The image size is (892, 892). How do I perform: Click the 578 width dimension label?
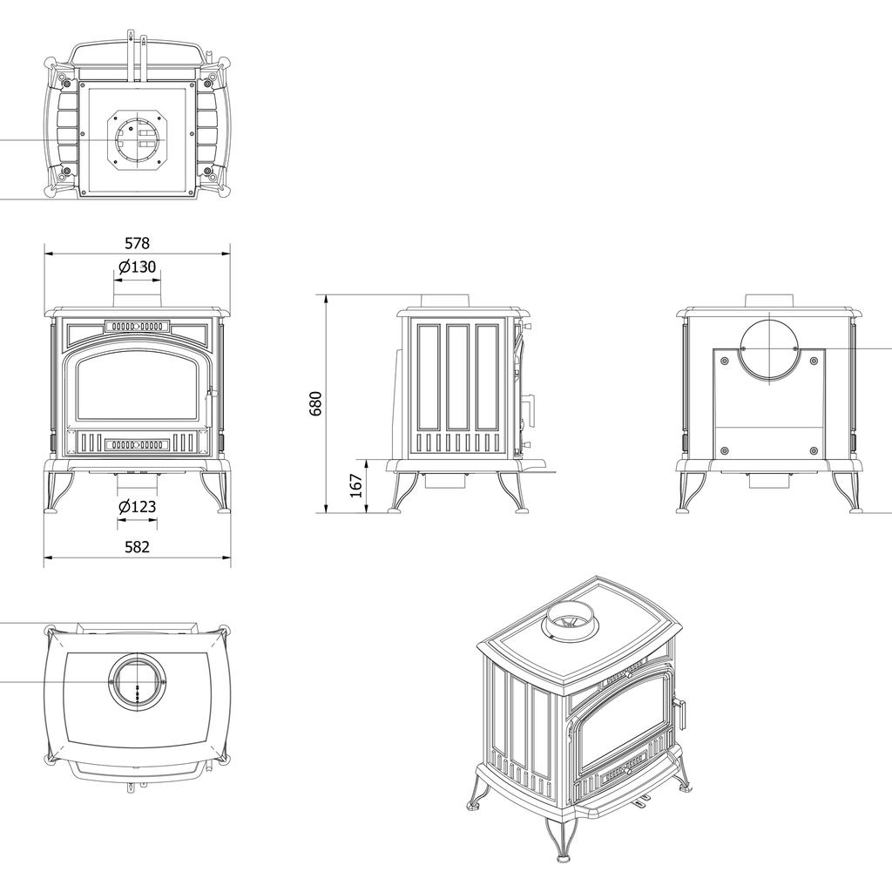138,243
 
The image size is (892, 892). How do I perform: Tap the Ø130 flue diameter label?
138,267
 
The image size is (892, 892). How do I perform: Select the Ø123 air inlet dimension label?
138,506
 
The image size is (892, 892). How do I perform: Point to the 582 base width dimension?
138,547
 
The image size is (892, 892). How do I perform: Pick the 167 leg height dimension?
355,486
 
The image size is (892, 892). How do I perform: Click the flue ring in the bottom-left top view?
136,679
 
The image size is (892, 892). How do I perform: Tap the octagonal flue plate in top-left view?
137,139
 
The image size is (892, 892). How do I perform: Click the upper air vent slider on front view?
138,327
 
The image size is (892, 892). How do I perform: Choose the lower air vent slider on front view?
138,444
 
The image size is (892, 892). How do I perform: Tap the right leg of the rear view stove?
845,493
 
